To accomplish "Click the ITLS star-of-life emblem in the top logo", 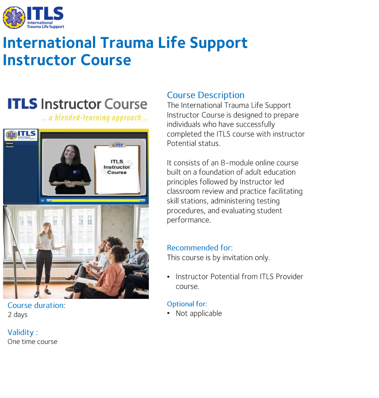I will [x=14, y=18].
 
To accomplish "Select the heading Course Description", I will [x=205, y=95].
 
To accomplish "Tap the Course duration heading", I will [x=36, y=305].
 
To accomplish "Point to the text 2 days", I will [x=18, y=315].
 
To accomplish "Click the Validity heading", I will [x=23, y=332].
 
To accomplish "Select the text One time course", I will [x=32, y=342].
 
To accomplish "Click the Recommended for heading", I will [x=200, y=248].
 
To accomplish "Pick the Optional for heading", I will [x=187, y=304].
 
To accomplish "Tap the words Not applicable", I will [x=199, y=313].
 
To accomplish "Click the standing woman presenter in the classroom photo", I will [x=45, y=257].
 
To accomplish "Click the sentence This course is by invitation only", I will [x=218, y=258].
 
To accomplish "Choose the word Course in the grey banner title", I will [x=126, y=104].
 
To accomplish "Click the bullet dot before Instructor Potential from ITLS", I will [x=169, y=277].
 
